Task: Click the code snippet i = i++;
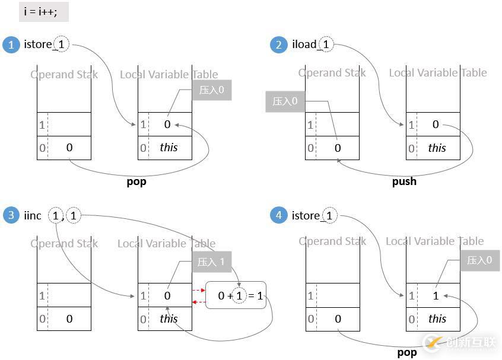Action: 44,12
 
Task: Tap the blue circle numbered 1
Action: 11,44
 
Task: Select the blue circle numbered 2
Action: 279,44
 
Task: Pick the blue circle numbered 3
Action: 11,215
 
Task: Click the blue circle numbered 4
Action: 279,215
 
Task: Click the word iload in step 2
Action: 304,44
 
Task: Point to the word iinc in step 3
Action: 33,215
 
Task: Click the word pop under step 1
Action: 136,181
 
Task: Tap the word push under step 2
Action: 404,181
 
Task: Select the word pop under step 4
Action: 406,352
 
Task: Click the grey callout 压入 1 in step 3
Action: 211,262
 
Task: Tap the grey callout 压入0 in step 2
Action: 285,101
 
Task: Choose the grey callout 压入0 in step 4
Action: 479,260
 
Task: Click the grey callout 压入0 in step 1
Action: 211,90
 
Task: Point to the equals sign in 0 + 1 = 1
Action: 250,295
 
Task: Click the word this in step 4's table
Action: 437,318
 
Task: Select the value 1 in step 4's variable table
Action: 436,295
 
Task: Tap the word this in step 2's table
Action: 437,148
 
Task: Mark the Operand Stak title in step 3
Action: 64,244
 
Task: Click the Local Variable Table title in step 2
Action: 438,73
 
